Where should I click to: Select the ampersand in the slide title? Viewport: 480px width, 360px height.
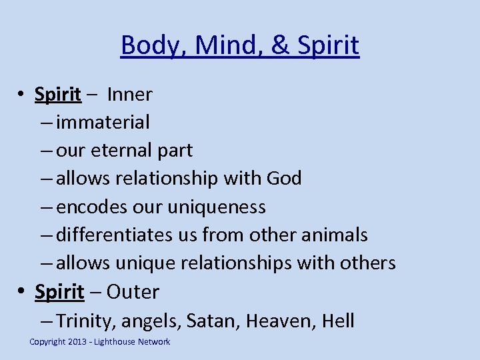point(275,46)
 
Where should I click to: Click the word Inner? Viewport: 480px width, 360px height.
point(129,95)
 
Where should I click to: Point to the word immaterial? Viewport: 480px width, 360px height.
point(103,123)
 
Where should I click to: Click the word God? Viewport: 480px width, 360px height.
point(283,179)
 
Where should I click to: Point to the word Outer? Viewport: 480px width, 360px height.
point(133,292)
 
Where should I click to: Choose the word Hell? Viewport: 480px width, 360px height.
point(337,321)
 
